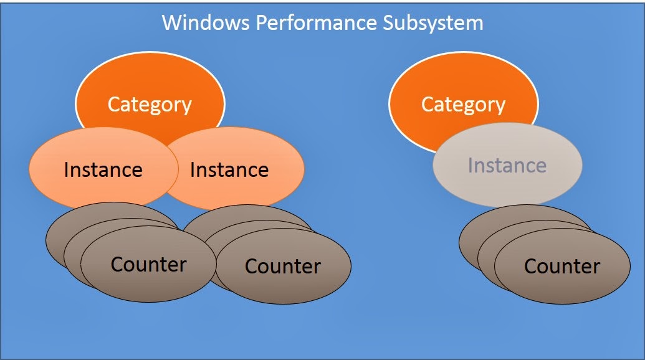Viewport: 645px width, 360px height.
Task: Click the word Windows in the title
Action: click(x=206, y=22)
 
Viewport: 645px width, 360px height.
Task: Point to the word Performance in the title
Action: click(x=317, y=22)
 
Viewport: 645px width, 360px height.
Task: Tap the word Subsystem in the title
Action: click(x=433, y=23)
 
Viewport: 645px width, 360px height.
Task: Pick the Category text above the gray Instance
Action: click(x=463, y=105)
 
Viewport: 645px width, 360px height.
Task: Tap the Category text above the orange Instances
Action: click(x=150, y=105)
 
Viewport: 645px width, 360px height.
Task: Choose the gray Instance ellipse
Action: click(x=508, y=165)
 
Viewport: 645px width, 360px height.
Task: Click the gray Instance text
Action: click(x=507, y=165)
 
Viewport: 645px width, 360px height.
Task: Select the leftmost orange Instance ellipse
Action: click(x=103, y=169)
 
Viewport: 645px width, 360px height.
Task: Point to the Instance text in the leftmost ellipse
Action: click(x=103, y=170)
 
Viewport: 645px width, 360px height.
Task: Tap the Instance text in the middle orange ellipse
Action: click(x=229, y=170)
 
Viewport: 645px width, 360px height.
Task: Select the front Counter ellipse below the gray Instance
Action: click(x=562, y=267)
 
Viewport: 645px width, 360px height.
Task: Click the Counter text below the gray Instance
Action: click(x=562, y=267)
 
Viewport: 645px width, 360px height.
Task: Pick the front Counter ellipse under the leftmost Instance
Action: click(x=148, y=264)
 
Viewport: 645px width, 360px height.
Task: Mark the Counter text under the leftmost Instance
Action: click(x=148, y=264)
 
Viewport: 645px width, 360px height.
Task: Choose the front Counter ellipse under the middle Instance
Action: click(x=284, y=267)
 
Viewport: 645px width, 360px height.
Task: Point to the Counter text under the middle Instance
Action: click(x=283, y=267)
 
